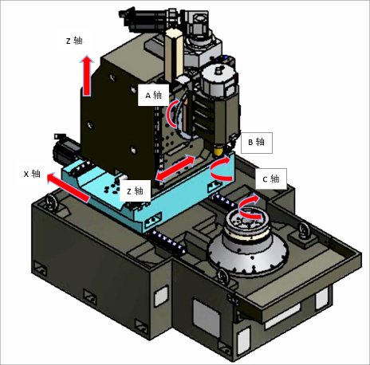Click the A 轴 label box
click(x=153, y=95)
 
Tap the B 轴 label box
click(x=257, y=143)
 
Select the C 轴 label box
click(x=271, y=179)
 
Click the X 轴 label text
click(x=32, y=174)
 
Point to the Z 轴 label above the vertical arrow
click(x=74, y=41)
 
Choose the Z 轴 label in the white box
click(x=135, y=190)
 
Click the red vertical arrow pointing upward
click(x=87, y=76)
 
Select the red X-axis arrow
click(x=68, y=187)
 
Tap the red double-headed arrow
click(x=175, y=168)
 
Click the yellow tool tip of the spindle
click(x=218, y=151)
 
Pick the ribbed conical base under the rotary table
click(x=248, y=253)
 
